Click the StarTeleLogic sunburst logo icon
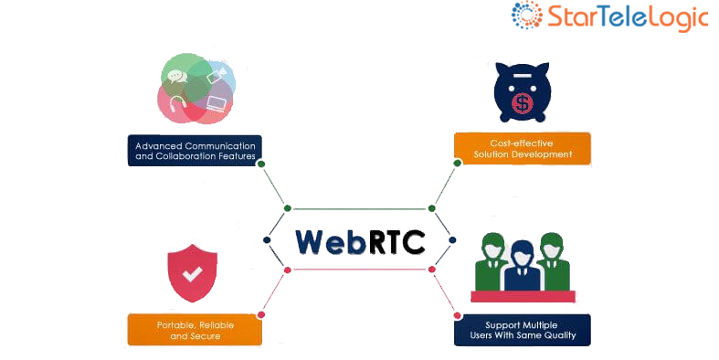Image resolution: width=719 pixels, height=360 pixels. pos(527,16)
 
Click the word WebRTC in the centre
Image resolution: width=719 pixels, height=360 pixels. pos(359,241)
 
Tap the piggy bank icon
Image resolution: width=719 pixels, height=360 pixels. pos(522,92)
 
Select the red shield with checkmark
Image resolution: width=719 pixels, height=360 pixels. pos(192,271)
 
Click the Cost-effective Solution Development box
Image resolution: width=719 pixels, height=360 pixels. pos(523,148)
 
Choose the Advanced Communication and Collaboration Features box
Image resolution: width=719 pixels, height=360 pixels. pos(194,150)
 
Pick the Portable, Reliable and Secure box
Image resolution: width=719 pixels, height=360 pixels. pos(195,330)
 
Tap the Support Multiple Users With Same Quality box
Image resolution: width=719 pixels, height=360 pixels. pos(522,330)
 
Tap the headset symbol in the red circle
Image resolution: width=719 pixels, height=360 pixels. pos(175,103)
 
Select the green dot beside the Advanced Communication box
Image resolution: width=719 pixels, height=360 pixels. pos(261,164)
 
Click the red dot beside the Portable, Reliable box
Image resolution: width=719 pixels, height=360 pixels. pos(261,314)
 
